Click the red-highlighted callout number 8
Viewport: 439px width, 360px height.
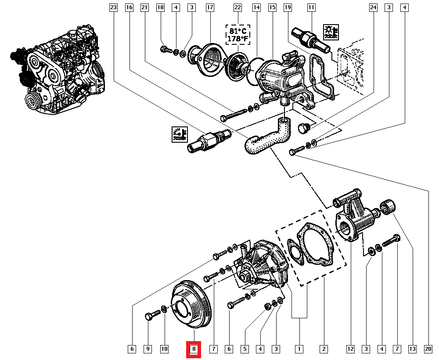(x=194, y=349)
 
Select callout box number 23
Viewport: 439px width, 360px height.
(x=113, y=7)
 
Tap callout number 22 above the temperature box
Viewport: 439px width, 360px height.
(x=237, y=7)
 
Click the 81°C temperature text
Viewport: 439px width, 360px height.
(x=237, y=31)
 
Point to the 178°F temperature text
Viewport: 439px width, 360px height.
(x=237, y=39)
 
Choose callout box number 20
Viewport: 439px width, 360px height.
(x=428, y=349)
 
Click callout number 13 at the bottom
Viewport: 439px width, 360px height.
(x=412, y=349)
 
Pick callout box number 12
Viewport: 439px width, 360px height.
(x=350, y=349)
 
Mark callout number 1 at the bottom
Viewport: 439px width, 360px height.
(x=299, y=349)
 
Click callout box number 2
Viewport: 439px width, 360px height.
(x=324, y=349)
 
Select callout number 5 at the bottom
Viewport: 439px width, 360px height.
(x=245, y=349)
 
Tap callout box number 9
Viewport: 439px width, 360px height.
(x=148, y=349)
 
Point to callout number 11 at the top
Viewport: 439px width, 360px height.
(x=311, y=7)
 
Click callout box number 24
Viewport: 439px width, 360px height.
(x=373, y=7)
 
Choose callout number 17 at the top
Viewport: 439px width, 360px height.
(x=210, y=7)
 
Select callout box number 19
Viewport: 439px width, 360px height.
(x=288, y=7)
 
